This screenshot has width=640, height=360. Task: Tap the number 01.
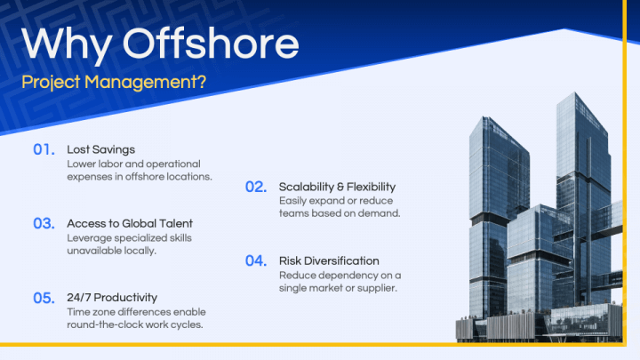(44, 149)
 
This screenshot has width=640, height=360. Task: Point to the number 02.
(256, 187)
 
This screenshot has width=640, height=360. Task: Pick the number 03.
(44, 223)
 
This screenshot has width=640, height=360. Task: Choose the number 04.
(256, 260)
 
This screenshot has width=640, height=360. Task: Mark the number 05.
(44, 298)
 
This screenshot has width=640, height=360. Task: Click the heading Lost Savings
(101, 149)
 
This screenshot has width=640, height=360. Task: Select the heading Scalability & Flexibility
(337, 187)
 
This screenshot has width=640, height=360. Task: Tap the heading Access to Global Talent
(130, 223)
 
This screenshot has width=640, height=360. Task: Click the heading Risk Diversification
(329, 260)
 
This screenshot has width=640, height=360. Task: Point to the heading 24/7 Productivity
(112, 298)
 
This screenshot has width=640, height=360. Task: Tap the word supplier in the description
(372, 288)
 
